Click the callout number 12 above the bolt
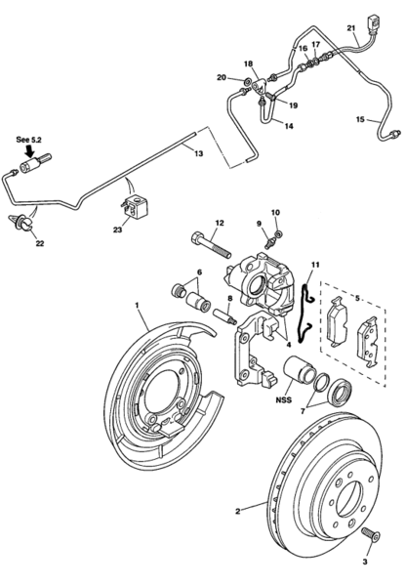220,223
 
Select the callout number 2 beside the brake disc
238,511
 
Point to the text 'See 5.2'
28,140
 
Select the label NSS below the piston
283,399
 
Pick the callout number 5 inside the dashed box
357,298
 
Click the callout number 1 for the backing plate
137,306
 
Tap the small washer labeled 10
278,234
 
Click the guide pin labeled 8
225,316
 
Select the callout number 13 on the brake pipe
199,153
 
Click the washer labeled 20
247,81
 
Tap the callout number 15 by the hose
360,119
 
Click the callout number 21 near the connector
350,28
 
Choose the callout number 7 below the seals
303,411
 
